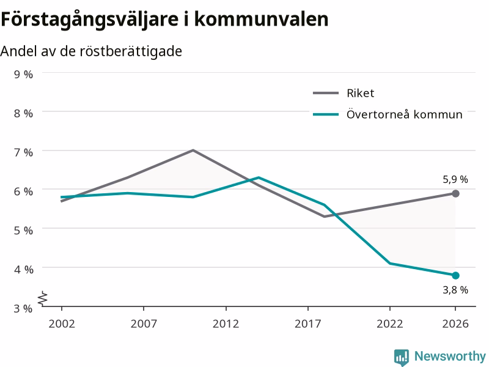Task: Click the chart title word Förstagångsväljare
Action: click(x=90, y=20)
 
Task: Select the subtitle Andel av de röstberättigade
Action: click(x=91, y=51)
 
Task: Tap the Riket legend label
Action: click(x=360, y=93)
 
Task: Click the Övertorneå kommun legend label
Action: click(x=405, y=114)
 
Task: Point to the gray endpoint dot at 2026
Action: click(x=455, y=193)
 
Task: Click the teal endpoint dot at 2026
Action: click(x=455, y=275)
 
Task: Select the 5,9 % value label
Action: click(x=455, y=179)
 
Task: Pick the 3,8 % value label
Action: click(x=455, y=290)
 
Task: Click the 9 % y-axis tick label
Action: click(x=23, y=74)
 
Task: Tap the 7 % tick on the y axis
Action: click(x=23, y=152)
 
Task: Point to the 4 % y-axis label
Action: click(x=23, y=269)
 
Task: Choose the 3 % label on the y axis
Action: click(x=23, y=308)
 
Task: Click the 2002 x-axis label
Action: click(x=62, y=324)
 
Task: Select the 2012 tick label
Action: click(x=226, y=324)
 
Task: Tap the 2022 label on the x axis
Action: click(x=390, y=324)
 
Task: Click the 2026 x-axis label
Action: click(x=455, y=324)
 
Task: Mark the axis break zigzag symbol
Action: click(x=43, y=298)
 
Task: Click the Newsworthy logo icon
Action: click(x=402, y=357)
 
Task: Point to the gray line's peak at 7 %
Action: click(x=193, y=150)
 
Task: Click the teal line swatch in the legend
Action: click(x=326, y=114)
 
